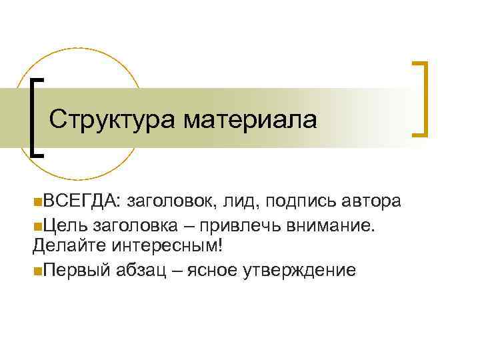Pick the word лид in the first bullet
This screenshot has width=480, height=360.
coord(239,201)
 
